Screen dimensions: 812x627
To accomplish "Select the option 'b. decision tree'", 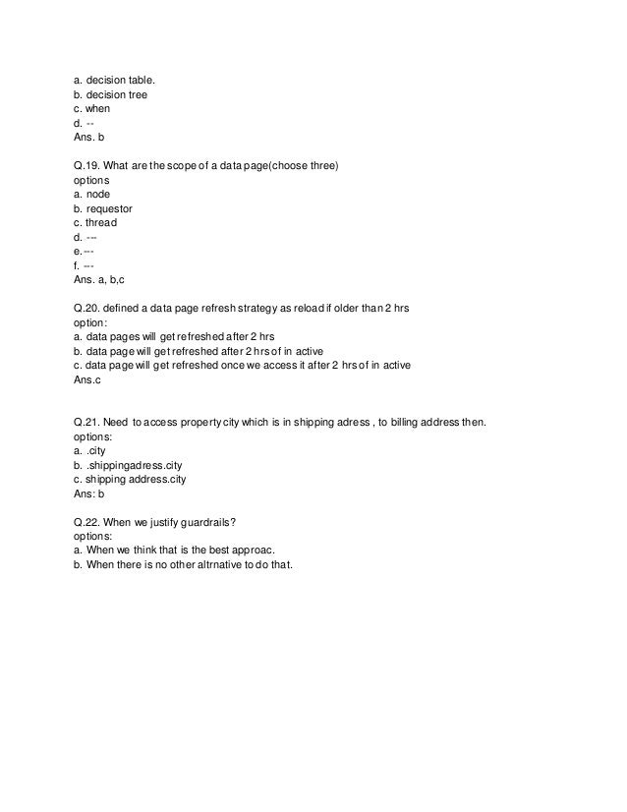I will click(x=112, y=94).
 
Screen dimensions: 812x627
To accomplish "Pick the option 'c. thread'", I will click(x=101, y=223).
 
